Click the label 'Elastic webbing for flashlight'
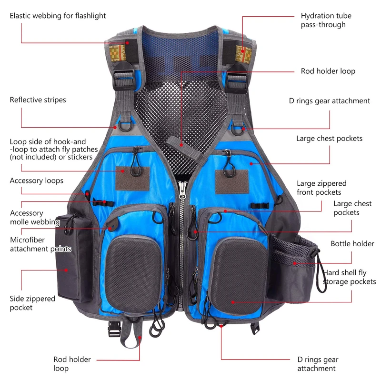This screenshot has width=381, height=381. pos(58,16)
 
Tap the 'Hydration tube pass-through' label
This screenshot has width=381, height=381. pos(323,20)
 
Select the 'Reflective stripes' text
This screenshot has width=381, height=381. pos(38,100)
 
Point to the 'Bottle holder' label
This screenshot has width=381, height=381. pos(352,244)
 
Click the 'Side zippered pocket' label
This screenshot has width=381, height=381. pos(32,303)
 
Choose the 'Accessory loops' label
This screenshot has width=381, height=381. pos(36,181)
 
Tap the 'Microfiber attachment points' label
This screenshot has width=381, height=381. pos(40,244)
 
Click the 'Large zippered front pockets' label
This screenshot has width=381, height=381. pos(321,188)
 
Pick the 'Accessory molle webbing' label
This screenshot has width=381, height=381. pos(34,218)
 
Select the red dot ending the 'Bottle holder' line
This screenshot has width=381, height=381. pos(294,263)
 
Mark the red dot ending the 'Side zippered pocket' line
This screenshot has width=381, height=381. pos(66,270)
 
